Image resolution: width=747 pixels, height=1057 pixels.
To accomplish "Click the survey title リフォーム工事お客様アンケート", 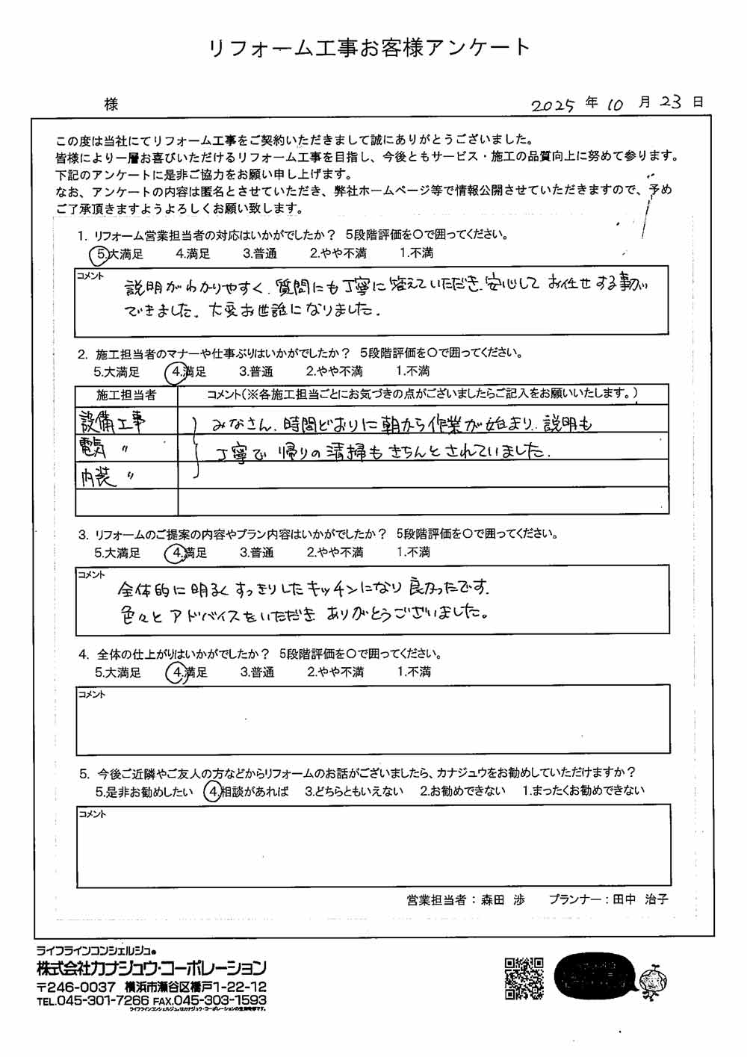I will (x=368, y=49).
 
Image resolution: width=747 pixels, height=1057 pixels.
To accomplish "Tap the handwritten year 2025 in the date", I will (x=553, y=105).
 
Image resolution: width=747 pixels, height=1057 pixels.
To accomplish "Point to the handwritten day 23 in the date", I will (x=670, y=102).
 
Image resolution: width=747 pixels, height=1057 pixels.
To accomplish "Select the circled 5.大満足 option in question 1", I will (x=120, y=254).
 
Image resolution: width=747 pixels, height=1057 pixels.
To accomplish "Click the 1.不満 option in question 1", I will (x=416, y=253).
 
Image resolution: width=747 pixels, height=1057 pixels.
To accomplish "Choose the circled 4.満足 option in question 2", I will (x=188, y=372).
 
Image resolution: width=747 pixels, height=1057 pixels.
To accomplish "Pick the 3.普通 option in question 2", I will (x=255, y=371).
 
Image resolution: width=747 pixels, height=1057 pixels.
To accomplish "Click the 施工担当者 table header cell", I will (x=126, y=394).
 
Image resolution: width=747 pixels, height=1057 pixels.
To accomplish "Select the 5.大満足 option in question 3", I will (x=117, y=553).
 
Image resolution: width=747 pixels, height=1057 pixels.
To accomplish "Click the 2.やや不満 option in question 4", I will (x=335, y=672).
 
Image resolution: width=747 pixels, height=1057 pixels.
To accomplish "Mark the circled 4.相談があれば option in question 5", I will (x=247, y=792).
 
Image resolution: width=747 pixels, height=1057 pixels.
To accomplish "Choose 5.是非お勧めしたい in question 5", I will (x=144, y=792).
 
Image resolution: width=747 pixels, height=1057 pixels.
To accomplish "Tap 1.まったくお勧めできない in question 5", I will (x=583, y=790).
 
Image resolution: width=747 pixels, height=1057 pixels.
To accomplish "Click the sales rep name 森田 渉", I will (x=503, y=900).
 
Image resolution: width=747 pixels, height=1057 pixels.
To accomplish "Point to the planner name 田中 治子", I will (x=640, y=900).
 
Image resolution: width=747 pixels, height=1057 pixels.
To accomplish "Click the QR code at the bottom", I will (x=524, y=978).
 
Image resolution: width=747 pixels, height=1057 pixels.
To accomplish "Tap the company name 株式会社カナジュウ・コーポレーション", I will (x=152, y=969).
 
